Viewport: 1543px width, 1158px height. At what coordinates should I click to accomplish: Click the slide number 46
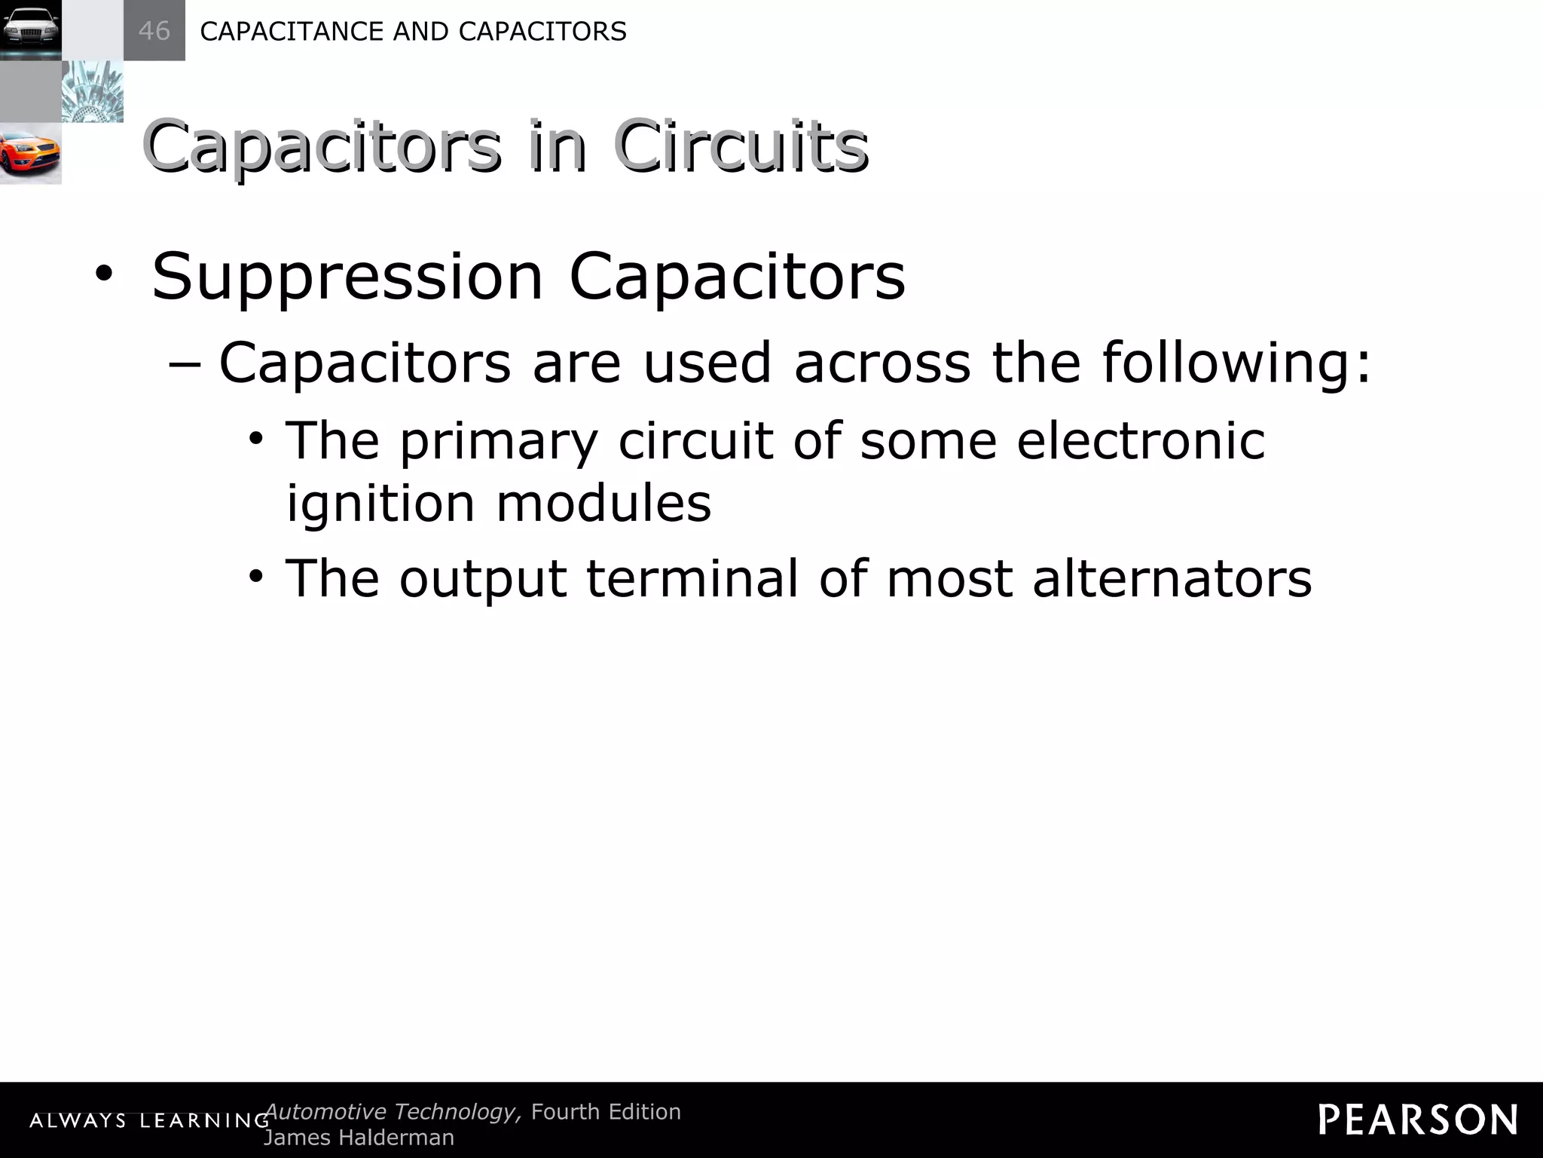click(154, 31)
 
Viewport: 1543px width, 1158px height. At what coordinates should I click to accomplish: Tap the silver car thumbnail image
click(31, 30)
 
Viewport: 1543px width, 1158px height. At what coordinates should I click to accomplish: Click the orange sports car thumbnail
click(30, 154)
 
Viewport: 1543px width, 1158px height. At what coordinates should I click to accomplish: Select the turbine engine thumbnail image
click(92, 92)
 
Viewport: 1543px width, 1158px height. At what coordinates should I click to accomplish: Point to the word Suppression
click(347, 277)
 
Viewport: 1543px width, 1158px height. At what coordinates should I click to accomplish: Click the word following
click(1236, 363)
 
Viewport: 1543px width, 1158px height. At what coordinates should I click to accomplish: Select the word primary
click(498, 442)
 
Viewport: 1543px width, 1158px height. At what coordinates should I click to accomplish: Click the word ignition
click(380, 504)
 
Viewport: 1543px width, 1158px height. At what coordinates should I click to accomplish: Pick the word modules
click(603, 503)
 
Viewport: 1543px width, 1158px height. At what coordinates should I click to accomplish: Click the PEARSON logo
click(1418, 1120)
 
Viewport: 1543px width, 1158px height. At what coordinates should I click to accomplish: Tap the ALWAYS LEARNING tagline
click(149, 1121)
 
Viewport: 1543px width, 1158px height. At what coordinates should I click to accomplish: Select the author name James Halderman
click(359, 1138)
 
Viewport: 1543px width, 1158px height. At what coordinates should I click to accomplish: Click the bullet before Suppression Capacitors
click(103, 276)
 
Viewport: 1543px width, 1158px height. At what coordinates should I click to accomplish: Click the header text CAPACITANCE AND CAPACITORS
click(413, 32)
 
